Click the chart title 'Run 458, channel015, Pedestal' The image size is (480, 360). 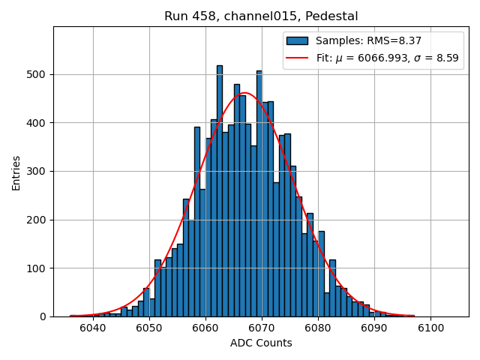click(261, 16)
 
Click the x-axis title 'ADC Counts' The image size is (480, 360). click(261, 343)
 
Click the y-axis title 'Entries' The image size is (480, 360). click(16, 172)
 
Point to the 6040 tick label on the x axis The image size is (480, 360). click(92, 328)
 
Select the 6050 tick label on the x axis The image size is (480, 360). click(148, 328)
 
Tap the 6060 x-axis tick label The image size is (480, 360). click(205, 328)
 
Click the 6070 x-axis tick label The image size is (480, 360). click(261, 328)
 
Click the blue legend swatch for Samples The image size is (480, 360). click(297, 40)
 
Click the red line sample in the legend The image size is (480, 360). click(297, 58)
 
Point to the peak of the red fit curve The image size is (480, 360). click(244, 93)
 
